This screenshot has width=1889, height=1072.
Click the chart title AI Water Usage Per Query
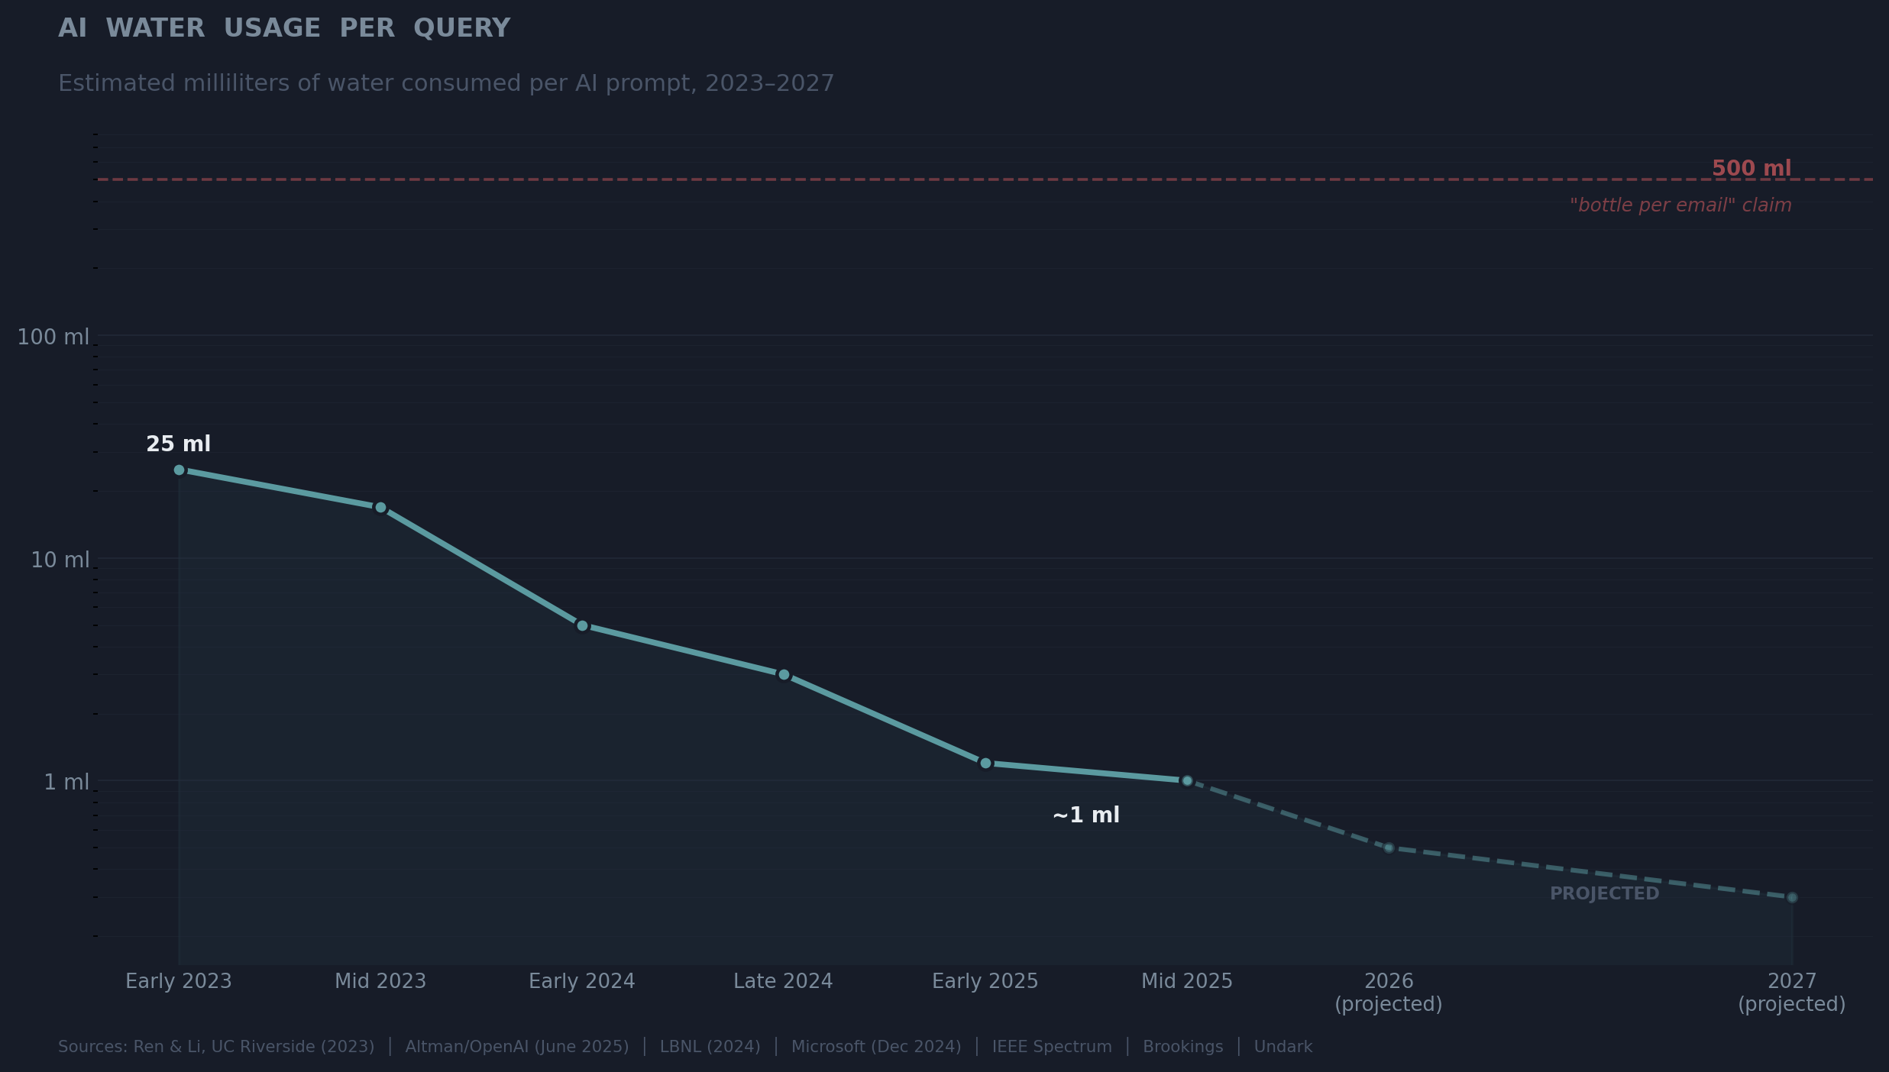click(x=284, y=28)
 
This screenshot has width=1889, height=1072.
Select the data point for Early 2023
click(x=179, y=470)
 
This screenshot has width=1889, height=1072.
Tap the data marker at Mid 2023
click(x=380, y=508)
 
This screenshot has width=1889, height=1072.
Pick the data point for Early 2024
click(x=582, y=626)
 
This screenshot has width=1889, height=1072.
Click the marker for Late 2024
click(x=784, y=675)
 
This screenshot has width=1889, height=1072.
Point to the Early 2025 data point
click(x=985, y=764)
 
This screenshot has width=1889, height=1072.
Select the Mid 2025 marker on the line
click(x=1187, y=781)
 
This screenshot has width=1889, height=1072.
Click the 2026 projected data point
click(x=1389, y=848)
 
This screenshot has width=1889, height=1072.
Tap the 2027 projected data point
click(x=1792, y=898)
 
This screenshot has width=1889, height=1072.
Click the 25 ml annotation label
click(x=178, y=444)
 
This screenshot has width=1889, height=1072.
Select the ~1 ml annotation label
click(x=1085, y=815)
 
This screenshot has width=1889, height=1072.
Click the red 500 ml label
click(x=1751, y=169)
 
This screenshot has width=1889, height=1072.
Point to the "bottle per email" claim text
click(x=1680, y=205)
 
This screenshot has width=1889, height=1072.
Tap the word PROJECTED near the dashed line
click(x=1604, y=894)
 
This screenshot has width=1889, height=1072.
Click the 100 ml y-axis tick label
click(x=53, y=337)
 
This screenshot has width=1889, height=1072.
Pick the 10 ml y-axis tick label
click(x=60, y=560)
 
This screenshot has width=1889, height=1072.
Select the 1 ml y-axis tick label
click(x=66, y=782)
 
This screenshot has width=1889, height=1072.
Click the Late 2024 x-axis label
click(x=783, y=982)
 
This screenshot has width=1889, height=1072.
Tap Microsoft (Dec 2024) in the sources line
click(x=876, y=1047)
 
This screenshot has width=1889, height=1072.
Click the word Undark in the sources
click(x=1283, y=1047)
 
